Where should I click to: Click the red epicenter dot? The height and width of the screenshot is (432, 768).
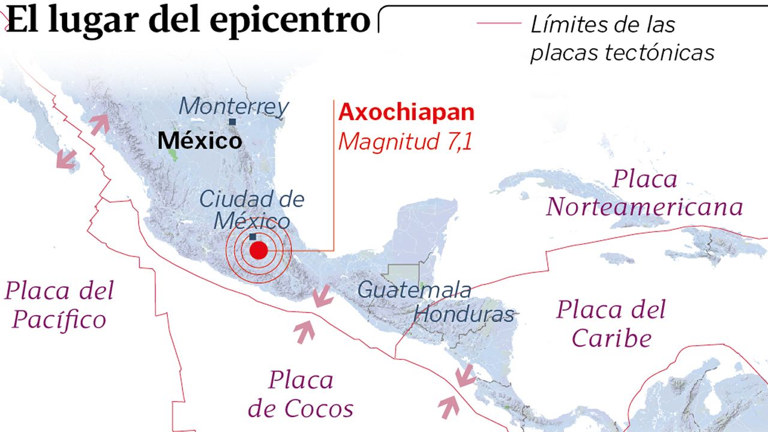click(x=258, y=250)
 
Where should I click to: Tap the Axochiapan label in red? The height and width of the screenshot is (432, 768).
click(x=406, y=112)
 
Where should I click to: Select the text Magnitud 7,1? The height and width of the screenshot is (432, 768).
click(x=405, y=143)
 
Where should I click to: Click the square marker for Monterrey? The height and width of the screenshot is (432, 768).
click(x=232, y=122)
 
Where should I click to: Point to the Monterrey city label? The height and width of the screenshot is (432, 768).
click(x=234, y=107)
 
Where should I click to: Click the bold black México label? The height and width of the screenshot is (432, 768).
click(x=200, y=141)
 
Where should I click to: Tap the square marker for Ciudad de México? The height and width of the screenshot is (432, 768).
click(x=253, y=236)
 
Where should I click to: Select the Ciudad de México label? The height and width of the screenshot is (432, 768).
click(x=252, y=209)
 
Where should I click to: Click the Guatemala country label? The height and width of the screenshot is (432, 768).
click(x=414, y=290)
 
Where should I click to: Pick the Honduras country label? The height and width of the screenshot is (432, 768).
click(x=464, y=314)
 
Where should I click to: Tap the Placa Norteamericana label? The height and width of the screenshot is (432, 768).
click(x=644, y=193)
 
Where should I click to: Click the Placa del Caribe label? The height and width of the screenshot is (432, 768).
click(x=611, y=324)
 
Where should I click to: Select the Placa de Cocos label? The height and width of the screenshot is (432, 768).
click(x=301, y=394)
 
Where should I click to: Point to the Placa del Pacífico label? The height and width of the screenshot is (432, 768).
click(x=59, y=305)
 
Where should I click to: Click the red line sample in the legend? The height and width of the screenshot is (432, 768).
click(x=499, y=23)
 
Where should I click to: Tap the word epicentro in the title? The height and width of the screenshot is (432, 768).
click(x=290, y=20)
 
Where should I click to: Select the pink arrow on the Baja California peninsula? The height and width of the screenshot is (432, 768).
click(x=67, y=159)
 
